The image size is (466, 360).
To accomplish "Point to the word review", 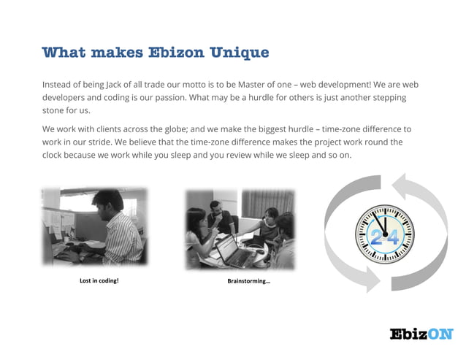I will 259,155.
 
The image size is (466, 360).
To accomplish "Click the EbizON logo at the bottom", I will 421,334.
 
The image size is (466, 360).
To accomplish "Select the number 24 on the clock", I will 385,236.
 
